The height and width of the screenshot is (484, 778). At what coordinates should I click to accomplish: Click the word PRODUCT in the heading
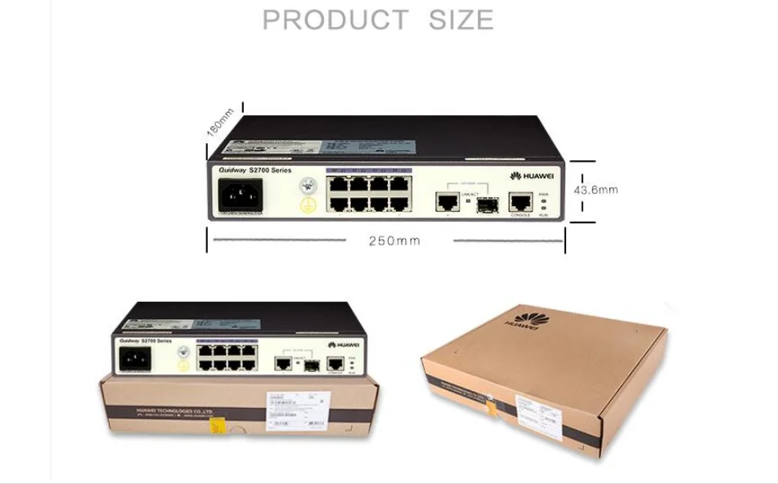click(x=335, y=20)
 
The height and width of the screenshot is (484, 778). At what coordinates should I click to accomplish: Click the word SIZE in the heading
click(x=461, y=20)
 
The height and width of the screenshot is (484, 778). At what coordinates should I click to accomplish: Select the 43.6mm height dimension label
click(x=596, y=190)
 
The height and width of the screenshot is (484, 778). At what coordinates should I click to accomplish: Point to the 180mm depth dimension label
click(x=220, y=122)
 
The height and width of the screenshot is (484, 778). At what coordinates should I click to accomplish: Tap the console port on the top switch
click(x=519, y=201)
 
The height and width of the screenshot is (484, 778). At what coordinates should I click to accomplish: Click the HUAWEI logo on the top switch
click(x=532, y=176)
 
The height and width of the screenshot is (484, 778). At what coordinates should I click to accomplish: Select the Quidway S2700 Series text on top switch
click(x=254, y=170)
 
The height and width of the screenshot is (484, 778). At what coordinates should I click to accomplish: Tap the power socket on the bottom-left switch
click(x=136, y=359)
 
